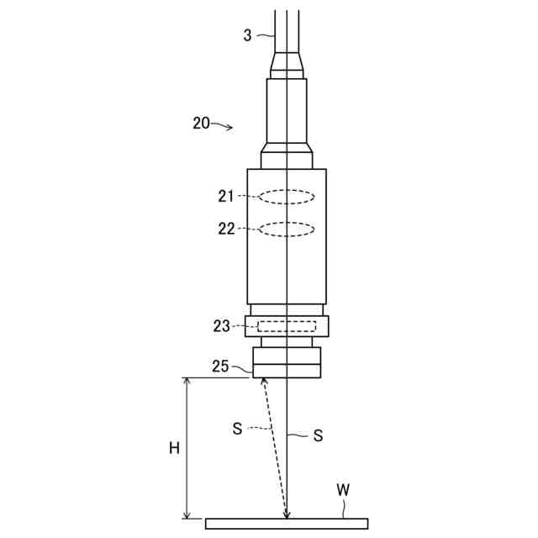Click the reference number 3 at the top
(247, 35)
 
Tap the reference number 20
(201, 124)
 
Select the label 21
(226, 196)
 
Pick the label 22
(226, 229)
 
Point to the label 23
(222, 326)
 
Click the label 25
(220, 367)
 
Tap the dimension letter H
(175, 448)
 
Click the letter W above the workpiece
(343, 490)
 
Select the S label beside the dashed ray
(237, 429)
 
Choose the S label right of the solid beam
(318, 435)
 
